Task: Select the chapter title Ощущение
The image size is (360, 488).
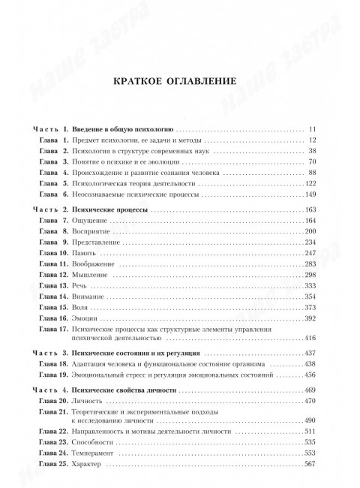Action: [x=86, y=220]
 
